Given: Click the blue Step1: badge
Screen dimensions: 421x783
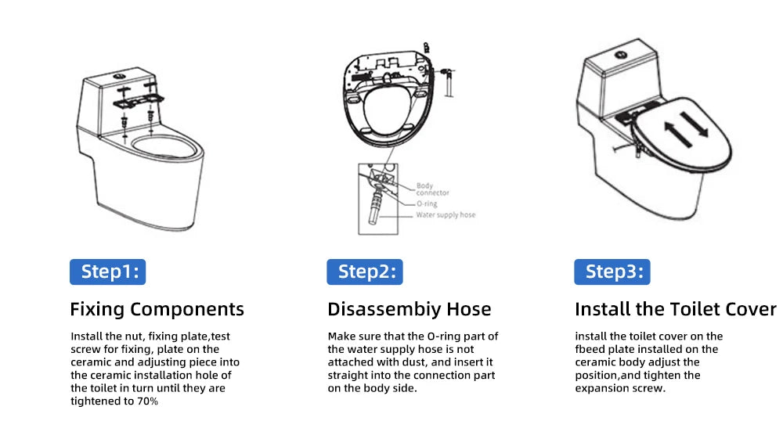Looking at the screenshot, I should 109,272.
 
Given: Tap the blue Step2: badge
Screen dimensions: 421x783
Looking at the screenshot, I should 365,272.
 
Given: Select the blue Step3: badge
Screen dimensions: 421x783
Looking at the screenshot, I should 612,272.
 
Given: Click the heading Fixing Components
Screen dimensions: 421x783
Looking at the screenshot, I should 157,309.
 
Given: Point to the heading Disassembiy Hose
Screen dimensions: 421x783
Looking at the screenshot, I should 409,309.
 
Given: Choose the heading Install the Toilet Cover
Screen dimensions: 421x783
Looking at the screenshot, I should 675,309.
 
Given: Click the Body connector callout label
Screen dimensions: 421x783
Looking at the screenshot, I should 432,189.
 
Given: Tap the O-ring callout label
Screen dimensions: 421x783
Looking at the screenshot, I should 427,203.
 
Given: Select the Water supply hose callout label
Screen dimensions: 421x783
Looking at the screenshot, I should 445,214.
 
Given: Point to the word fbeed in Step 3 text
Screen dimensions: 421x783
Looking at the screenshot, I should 592,349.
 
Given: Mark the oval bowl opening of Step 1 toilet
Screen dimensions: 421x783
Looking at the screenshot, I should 162,146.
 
